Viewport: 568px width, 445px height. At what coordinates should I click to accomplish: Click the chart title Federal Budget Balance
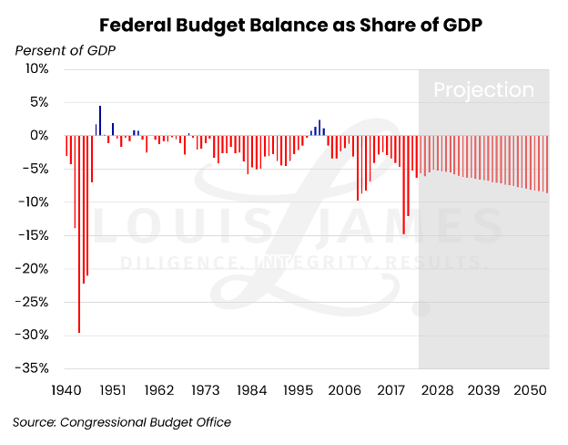(289, 24)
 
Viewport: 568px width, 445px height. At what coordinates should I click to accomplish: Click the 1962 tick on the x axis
(158, 389)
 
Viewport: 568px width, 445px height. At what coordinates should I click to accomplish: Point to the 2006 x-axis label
(344, 389)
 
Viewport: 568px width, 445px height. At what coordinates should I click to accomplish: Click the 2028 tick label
(437, 389)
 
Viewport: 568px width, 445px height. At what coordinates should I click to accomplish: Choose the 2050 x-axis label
(530, 389)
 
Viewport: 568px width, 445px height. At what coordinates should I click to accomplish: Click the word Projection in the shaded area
(483, 90)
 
